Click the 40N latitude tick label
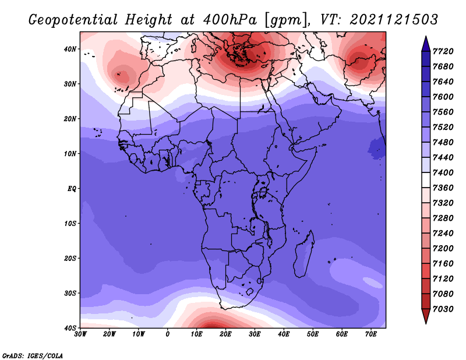coord(70,49)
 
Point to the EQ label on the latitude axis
coord(72,189)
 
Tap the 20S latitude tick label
coord(70,258)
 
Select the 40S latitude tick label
coord(70,328)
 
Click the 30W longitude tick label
coord(80,334)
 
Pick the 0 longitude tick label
coord(168,334)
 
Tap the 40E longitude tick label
coord(284,334)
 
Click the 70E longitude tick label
coord(371,334)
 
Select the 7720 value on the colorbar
coord(443,51)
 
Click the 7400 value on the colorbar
coord(443,172)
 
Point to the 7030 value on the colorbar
coord(443,309)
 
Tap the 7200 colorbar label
coord(443,249)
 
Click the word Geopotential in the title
coord(73,20)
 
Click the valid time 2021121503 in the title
coord(394,20)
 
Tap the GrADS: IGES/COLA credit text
coord(33,355)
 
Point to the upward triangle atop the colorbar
coord(426,44)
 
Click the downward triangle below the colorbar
coord(426,316)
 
